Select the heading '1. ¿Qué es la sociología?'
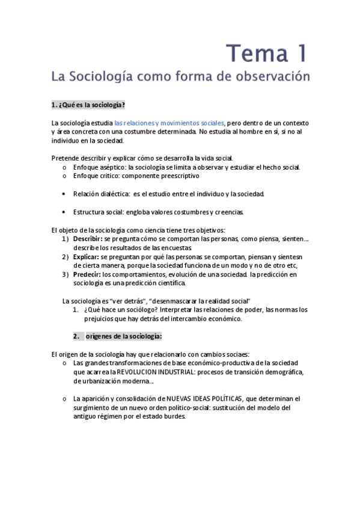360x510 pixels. pyautogui.click(x=88, y=105)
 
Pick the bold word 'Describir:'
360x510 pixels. pyautogui.click(x=88, y=239)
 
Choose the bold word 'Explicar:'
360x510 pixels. pyautogui.click(x=87, y=257)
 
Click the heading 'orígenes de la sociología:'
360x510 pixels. pyautogui.click(x=124, y=336)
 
